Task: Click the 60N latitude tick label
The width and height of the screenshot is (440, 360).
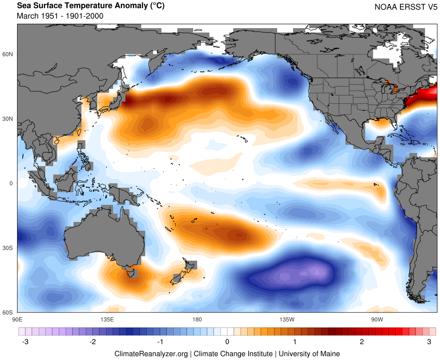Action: point(9,54)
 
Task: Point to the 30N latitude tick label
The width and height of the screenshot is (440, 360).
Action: point(9,119)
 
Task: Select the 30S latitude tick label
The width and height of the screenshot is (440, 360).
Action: point(9,248)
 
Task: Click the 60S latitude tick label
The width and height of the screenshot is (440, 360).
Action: point(9,313)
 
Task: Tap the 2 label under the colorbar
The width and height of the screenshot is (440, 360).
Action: point(362,342)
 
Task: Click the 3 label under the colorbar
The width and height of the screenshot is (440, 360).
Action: point(429,342)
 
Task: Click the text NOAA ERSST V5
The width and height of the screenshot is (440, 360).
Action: point(405,7)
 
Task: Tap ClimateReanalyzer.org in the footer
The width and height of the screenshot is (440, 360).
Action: point(151,353)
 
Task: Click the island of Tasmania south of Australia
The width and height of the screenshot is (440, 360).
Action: point(131,273)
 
